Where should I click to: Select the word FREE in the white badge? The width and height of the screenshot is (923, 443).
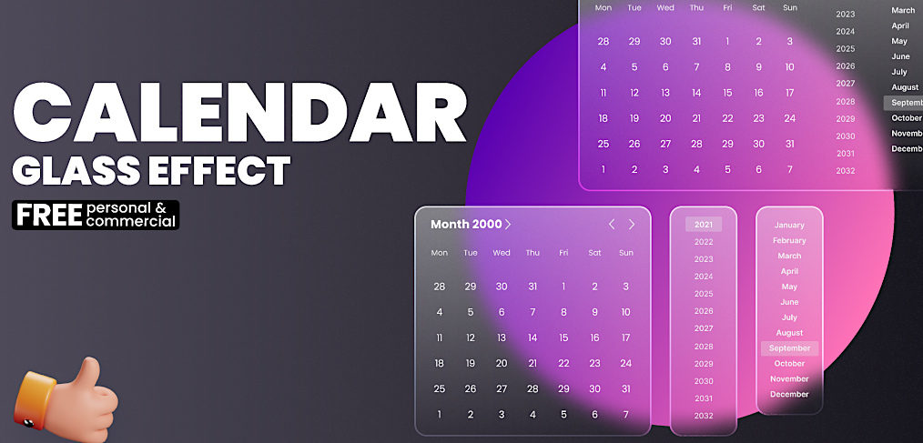(x=49, y=215)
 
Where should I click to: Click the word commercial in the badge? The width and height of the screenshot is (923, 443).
(x=130, y=221)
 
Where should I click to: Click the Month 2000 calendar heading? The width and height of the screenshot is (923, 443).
(x=465, y=225)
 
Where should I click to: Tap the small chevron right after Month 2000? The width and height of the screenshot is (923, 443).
(x=508, y=225)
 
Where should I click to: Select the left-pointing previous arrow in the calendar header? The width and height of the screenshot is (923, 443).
(x=612, y=225)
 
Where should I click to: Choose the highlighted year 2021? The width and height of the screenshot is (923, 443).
(x=704, y=225)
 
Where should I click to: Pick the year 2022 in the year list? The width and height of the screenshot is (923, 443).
(x=704, y=242)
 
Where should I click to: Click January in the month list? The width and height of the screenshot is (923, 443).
(x=789, y=225)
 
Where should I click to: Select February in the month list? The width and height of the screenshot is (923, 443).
(x=789, y=240)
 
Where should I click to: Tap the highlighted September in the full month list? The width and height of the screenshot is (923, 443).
(x=789, y=348)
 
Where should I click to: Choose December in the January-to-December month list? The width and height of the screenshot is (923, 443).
(x=789, y=394)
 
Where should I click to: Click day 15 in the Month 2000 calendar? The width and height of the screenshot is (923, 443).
(x=563, y=337)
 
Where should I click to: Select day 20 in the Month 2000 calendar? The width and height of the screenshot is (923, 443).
(x=502, y=363)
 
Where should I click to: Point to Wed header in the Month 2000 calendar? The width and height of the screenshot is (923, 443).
(x=502, y=253)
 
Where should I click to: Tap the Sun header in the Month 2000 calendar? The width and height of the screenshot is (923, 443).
(x=625, y=253)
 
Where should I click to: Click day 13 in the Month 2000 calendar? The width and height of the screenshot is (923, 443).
(x=502, y=337)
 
